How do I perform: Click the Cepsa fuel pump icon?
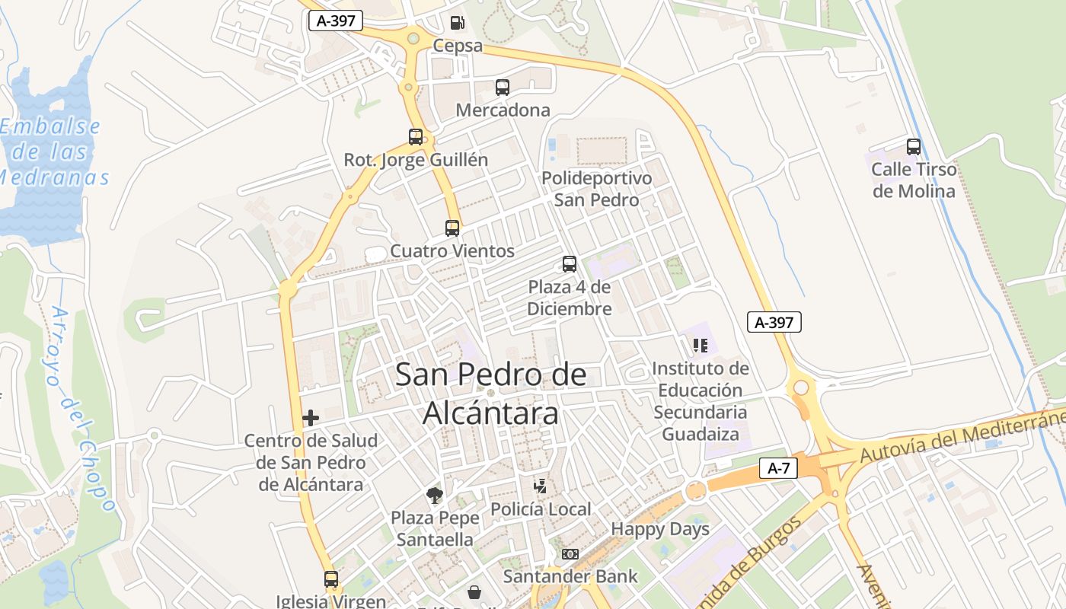tap(457, 24)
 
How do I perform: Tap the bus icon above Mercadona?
tap(503, 88)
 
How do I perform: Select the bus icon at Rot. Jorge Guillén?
tap(416, 137)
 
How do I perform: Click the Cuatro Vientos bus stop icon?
tap(452, 228)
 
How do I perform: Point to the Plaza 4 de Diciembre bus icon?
tap(570, 264)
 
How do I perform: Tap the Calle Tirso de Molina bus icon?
tap(914, 147)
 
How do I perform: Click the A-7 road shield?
tap(778, 468)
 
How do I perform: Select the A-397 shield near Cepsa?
tap(335, 21)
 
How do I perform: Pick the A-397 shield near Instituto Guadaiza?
tap(774, 322)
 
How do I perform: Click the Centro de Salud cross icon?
tap(311, 417)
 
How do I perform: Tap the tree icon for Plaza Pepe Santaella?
tap(435, 496)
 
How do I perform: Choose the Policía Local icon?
tap(541, 486)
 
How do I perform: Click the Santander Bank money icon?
tap(570, 554)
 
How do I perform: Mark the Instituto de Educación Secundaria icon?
tap(701, 346)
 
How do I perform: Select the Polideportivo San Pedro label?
tap(596, 189)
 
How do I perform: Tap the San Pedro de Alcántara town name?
tap(491, 394)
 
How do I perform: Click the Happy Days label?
tap(660, 529)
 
